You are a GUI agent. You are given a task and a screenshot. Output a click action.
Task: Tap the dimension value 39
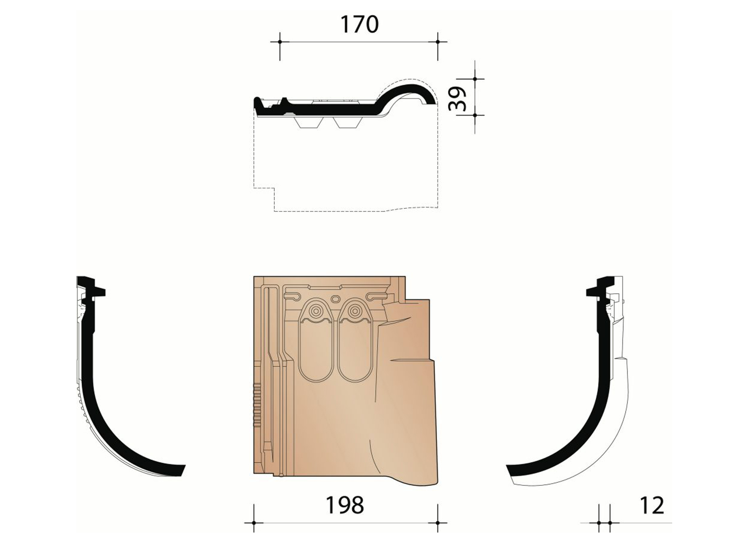pos(457,99)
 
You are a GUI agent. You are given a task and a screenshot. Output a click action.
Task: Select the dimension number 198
pos(344,505)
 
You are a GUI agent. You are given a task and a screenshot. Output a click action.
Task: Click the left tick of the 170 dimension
pos(280,42)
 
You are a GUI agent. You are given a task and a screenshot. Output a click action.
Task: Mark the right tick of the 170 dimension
pos(438,42)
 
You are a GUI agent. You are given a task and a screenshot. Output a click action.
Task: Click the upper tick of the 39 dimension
pos(475,79)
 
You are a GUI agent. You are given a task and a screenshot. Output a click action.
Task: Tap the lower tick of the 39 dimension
pos(475,114)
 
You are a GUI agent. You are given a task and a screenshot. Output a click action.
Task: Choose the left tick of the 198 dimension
pos(254,523)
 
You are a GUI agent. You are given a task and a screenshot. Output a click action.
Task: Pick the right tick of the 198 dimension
pos(438,523)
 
